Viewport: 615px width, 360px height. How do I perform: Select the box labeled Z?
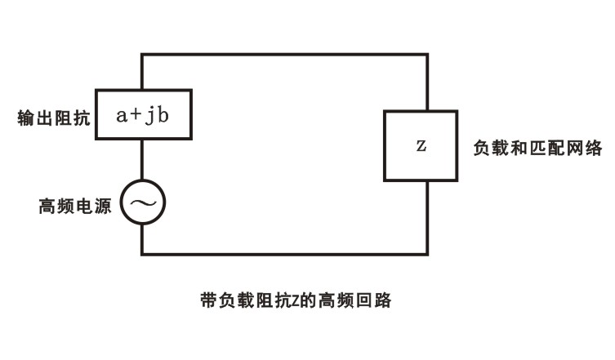coord(420,146)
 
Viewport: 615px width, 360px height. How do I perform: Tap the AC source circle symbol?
coord(143,202)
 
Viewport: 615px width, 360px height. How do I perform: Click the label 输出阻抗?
coord(54,117)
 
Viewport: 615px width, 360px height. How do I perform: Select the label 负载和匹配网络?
coord(537,149)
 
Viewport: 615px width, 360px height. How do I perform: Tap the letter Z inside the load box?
coord(421,147)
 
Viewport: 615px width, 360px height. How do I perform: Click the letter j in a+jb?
coord(149,115)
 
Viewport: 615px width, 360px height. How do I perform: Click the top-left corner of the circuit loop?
coord(143,55)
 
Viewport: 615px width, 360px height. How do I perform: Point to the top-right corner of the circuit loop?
coord(427,55)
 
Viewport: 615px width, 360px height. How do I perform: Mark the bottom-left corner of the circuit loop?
coord(143,254)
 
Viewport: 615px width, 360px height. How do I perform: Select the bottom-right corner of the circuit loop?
coord(427,254)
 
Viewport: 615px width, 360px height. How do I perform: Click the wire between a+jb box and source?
coord(143,158)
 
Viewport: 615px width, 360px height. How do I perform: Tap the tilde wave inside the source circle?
coord(143,202)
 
